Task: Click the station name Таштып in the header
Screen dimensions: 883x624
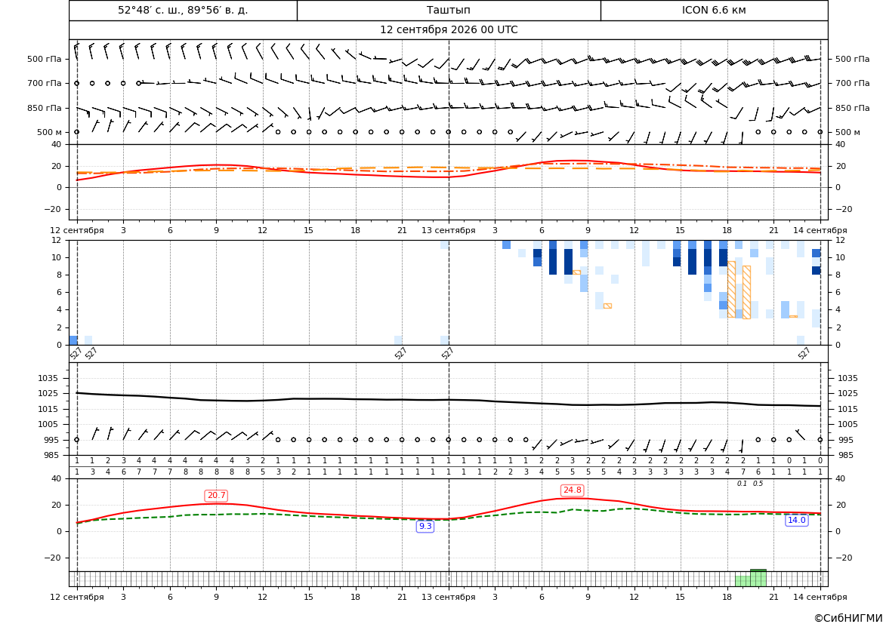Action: pos(448,10)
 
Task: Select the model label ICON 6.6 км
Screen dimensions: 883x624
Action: pos(714,10)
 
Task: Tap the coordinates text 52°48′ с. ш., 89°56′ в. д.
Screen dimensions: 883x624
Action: pos(183,10)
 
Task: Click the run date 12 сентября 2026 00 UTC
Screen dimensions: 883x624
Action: pos(448,30)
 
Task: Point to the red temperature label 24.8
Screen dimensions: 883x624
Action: pos(572,490)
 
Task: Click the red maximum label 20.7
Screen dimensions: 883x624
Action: pos(216,496)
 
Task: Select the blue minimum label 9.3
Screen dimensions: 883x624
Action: pos(425,526)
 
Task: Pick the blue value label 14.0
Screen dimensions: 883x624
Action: pos(796,520)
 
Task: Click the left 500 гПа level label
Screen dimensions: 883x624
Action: pos(45,59)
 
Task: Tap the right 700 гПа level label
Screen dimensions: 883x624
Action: pos(852,83)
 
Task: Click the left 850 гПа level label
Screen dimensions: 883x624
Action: pos(45,108)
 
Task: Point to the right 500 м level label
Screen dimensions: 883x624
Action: pos(847,132)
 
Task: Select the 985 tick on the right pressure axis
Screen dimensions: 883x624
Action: pos(844,455)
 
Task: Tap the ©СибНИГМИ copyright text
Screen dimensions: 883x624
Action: pos(848,618)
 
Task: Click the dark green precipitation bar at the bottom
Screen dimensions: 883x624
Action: pos(758,578)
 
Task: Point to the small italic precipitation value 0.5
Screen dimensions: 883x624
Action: pos(758,484)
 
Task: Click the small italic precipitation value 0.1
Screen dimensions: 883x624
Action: pos(743,484)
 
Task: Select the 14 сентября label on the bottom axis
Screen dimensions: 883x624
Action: pos(820,597)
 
